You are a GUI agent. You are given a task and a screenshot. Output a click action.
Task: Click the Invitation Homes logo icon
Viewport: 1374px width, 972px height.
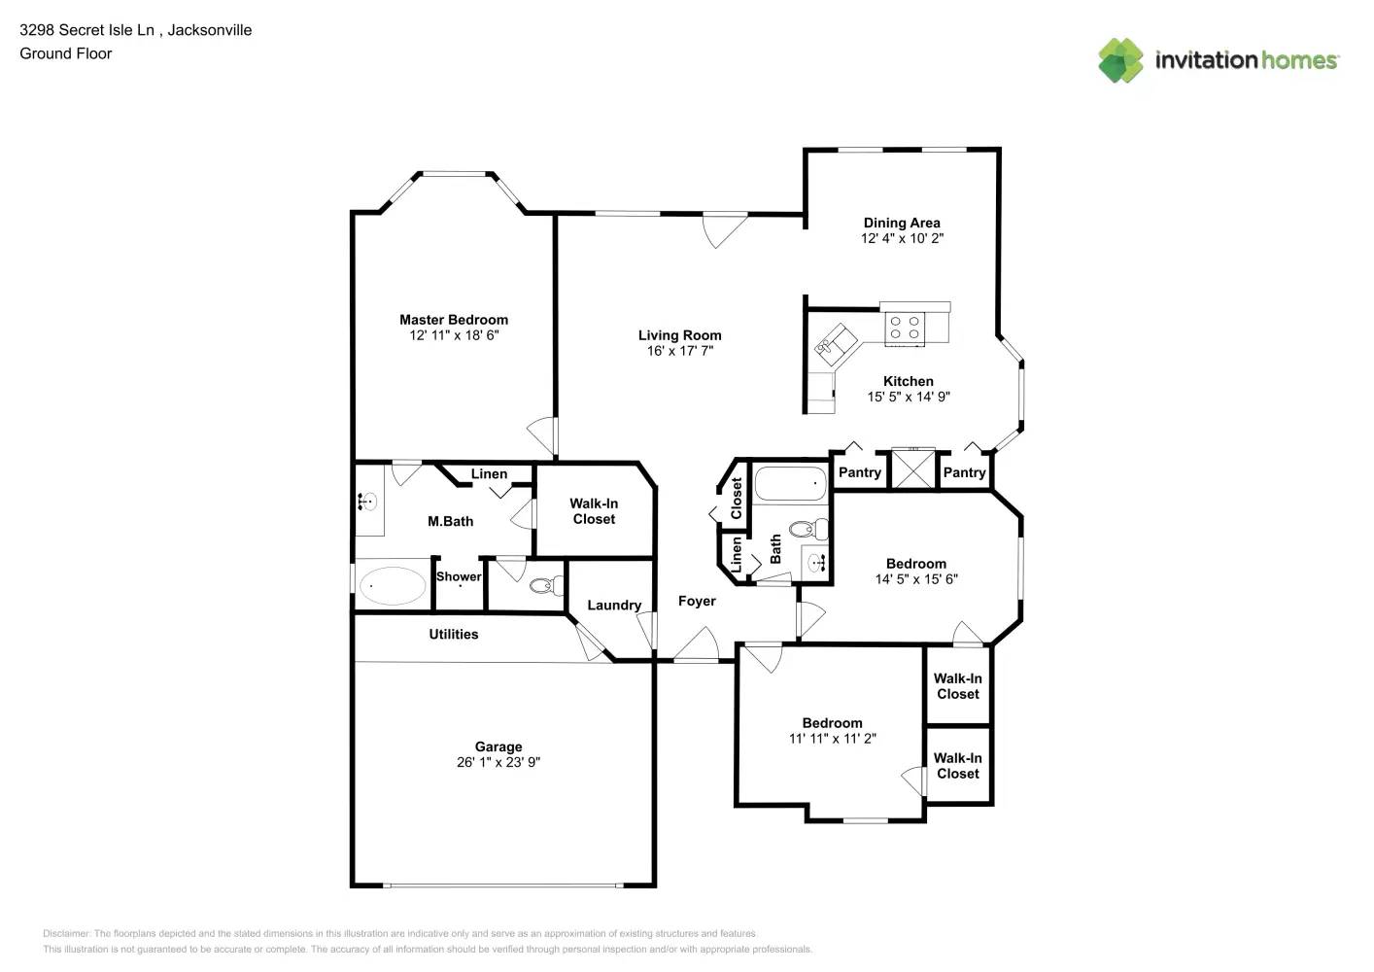click(1120, 60)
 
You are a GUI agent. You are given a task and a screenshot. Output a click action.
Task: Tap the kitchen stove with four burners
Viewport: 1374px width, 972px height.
click(905, 328)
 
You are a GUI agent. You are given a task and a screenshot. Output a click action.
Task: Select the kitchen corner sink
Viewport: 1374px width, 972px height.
click(835, 343)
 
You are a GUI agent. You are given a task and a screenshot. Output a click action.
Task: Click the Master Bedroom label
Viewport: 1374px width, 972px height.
click(454, 320)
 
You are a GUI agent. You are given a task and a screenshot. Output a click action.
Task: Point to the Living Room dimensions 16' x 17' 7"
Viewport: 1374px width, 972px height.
click(679, 351)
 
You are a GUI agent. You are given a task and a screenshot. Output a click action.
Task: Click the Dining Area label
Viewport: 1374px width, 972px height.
click(902, 223)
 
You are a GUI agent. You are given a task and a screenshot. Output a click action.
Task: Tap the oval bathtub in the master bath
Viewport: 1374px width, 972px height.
click(393, 586)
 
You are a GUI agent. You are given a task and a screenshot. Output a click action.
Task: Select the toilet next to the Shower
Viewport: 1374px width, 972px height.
click(545, 586)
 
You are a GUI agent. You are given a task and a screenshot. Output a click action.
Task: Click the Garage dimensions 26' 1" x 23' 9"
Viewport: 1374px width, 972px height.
click(498, 762)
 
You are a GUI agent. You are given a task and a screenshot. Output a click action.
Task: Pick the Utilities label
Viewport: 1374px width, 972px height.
click(454, 635)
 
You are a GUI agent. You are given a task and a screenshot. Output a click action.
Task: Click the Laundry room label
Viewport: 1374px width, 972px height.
click(614, 605)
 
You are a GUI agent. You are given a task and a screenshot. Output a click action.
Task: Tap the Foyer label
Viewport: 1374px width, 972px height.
click(697, 602)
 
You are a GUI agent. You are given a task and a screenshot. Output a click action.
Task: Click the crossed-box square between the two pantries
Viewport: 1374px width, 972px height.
click(913, 469)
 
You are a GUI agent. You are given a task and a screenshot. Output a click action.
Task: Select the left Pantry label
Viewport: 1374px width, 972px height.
click(860, 472)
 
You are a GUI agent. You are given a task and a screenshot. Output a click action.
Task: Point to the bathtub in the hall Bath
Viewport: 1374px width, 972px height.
click(790, 483)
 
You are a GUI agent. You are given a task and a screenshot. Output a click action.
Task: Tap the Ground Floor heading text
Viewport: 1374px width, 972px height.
click(66, 53)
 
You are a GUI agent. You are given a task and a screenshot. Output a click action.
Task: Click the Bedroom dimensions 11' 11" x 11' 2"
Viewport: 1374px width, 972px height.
click(832, 739)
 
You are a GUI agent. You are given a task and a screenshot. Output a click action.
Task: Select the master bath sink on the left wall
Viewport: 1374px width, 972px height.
click(368, 502)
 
